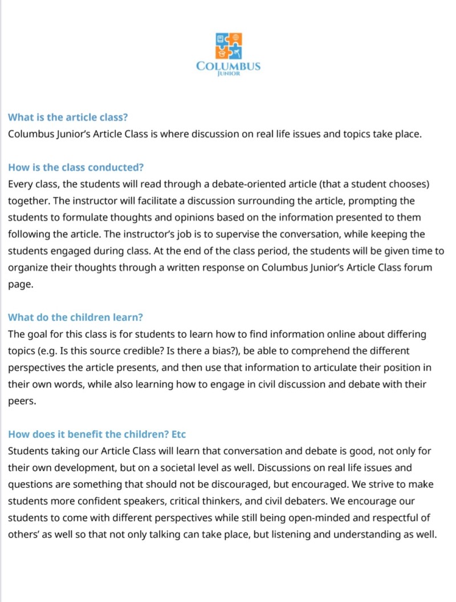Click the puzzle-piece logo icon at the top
(228, 46)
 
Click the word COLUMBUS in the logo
(228, 66)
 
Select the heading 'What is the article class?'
(68, 118)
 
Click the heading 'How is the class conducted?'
(76, 168)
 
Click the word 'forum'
(433, 268)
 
